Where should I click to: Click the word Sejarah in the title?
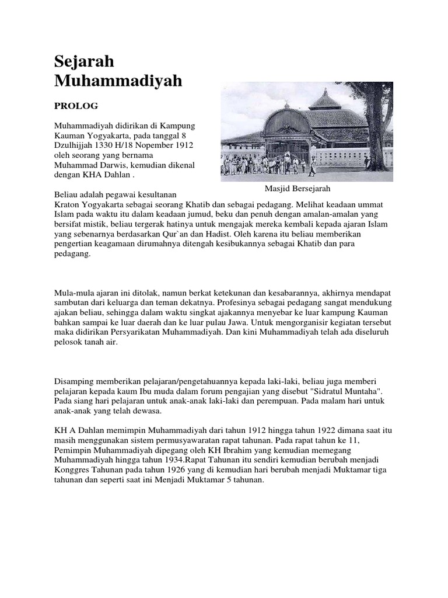(84, 61)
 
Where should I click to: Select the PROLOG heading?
(76, 106)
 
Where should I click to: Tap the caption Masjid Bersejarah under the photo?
(297, 189)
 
